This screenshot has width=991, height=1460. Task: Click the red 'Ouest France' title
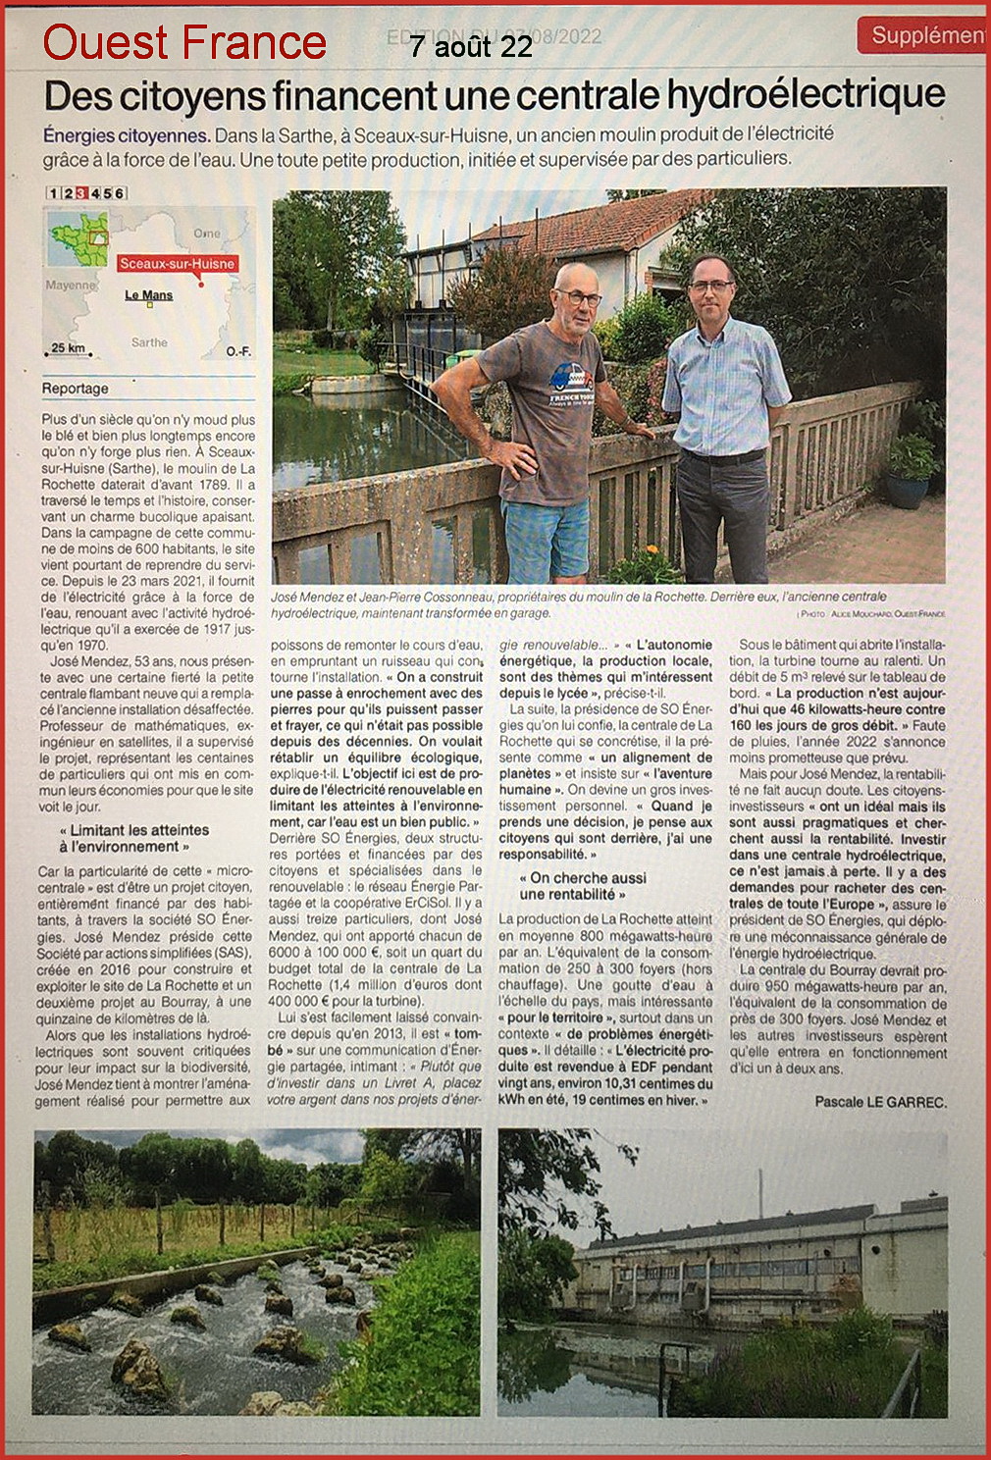(x=183, y=42)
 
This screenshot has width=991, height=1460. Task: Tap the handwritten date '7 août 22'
(x=471, y=46)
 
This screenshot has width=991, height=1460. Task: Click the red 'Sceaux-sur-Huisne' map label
(x=177, y=263)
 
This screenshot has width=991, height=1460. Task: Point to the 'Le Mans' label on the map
(x=149, y=295)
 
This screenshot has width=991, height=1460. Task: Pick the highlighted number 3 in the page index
(x=81, y=193)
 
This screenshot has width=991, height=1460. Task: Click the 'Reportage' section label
(x=76, y=389)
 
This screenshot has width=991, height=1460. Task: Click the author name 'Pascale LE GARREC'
(x=880, y=1102)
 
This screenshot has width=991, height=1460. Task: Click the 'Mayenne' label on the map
(x=71, y=286)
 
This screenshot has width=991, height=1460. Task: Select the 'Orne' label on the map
(x=207, y=233)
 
